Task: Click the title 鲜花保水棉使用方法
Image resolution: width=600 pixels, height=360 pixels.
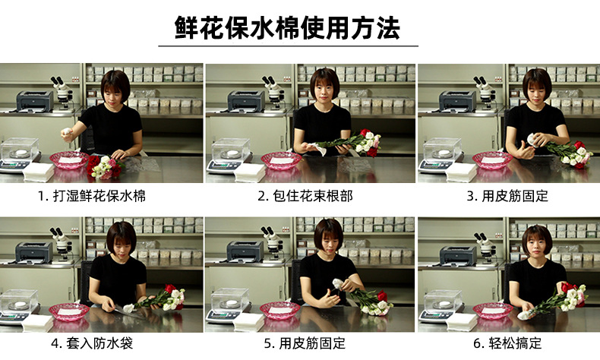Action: (287, 27)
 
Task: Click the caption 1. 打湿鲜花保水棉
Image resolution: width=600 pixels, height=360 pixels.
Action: (92, 196)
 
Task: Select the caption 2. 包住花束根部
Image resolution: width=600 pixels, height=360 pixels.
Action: (305, 196)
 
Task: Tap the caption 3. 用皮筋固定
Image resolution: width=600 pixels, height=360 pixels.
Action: (507, 196)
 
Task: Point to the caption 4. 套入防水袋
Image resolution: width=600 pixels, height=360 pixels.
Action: (92, 343)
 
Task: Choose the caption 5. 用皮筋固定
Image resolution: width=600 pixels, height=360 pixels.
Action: (305, 343)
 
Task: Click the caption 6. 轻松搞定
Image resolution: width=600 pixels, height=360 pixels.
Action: (507, 343)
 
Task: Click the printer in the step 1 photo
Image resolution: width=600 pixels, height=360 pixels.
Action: (35, 101)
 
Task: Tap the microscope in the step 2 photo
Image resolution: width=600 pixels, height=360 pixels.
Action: (273, 92)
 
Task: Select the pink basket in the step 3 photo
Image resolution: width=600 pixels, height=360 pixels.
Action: (492, 160)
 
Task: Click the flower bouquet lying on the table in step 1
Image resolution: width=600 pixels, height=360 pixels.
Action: (104, 167)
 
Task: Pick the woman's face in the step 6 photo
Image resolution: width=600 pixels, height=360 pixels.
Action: (537, 245)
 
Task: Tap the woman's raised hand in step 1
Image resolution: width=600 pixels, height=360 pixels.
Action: (68, 134)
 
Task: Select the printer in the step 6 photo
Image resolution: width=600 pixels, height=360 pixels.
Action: (459, 254)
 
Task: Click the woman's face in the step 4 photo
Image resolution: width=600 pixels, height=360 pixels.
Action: (122, 242)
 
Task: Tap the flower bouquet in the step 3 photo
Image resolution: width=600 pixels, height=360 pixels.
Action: (570, 153)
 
